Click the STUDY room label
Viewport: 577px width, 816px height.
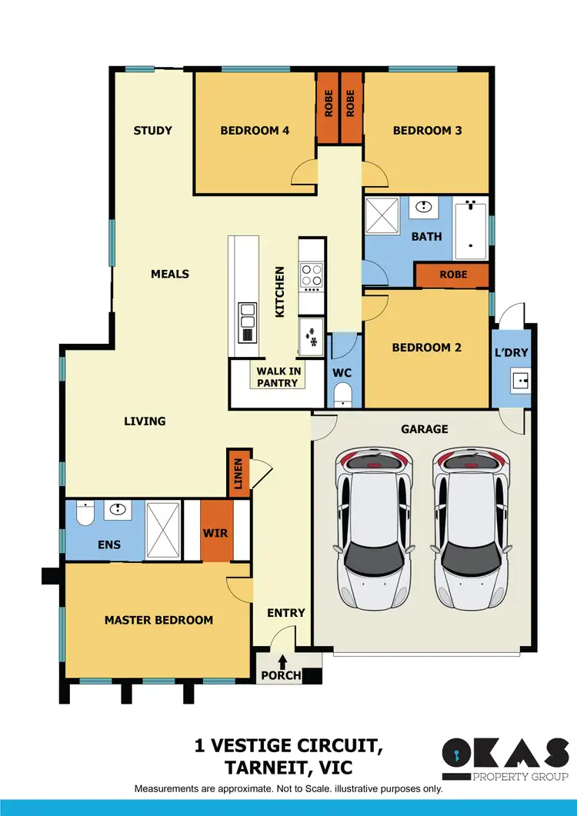tap(152, 130)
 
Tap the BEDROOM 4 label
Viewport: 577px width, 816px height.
tap(255, 130)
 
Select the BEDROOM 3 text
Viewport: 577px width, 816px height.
tap(427, 130)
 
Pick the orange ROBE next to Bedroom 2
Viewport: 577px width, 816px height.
tap(452, 275)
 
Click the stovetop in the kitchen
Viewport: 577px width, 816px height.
tap(311, 275)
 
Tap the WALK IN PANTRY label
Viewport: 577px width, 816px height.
tap(278, 377)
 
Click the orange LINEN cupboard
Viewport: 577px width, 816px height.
tap(238, 472)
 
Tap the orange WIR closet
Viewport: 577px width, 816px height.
tap(216, 531)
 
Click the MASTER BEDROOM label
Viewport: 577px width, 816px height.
tap(158, 620)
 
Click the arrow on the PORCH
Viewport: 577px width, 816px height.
tap(282, 661)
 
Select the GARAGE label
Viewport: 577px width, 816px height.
tap(424, 429)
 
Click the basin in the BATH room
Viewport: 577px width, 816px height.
tap(422, 206)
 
